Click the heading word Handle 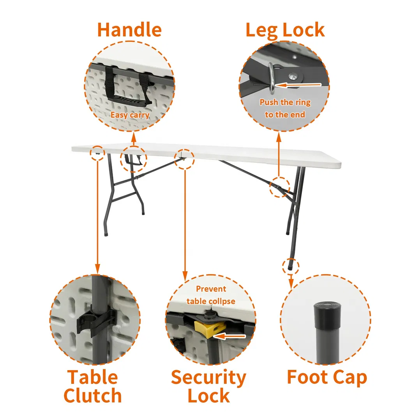coord(129,30)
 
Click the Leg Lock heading coord(285,30)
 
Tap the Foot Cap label coord(327,377)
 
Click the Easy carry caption coord(130,115)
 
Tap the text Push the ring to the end coord(285,108)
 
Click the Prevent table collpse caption coord(211,295)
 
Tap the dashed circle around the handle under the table coord(133,159)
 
